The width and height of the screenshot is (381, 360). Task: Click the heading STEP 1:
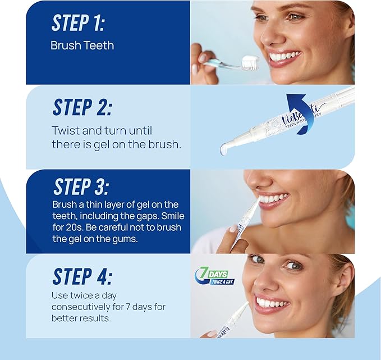pyautogui.click(x=78, y=23)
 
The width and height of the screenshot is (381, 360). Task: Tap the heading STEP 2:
pyautogui.click(x=82, y=107)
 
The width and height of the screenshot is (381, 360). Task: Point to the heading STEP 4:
pyautogui.click(x=82, y=276)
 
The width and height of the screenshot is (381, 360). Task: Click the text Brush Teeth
pyautogui.click(x=82, y=45)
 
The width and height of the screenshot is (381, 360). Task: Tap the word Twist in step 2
pyautogui.click(x=65, y=130)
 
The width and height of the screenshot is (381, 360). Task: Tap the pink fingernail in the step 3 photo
pyautogui.click(x=233, y=229)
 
